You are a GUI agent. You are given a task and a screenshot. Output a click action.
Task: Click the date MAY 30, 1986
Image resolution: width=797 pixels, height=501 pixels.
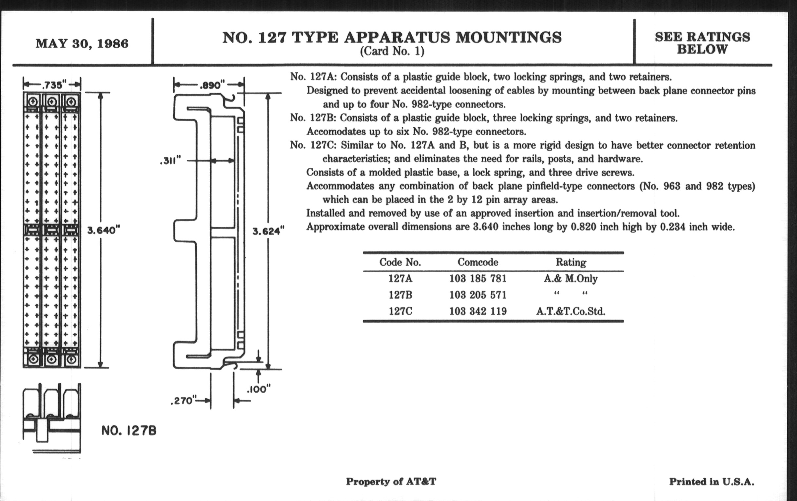[x=82, y=44]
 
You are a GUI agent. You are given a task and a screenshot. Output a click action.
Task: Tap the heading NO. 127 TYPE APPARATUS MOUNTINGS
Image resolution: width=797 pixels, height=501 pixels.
[x=392, y=37]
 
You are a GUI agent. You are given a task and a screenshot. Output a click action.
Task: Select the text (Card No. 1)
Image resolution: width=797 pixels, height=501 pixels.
[x=392, y=52]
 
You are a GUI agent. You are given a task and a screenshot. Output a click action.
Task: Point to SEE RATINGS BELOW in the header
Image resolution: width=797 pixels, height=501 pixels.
[x=702, y=43]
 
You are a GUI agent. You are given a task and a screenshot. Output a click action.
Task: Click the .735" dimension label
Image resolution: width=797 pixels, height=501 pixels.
[x=52, y=85]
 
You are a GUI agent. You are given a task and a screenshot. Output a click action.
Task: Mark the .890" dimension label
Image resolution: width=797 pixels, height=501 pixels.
[x=212, y=85]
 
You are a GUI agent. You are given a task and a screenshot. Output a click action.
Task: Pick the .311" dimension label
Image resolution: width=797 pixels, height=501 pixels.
[x=170, y=161]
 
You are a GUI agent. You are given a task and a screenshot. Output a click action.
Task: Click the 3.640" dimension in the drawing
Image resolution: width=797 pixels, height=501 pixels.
[x=103, y=230]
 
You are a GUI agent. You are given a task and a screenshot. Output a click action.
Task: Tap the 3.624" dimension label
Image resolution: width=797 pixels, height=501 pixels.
[x=268, y=231]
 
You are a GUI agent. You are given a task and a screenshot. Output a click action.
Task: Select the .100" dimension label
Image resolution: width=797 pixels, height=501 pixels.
[x=259, y=389]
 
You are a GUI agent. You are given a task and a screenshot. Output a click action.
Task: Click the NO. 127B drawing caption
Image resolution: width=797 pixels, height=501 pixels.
[x=129, y=431]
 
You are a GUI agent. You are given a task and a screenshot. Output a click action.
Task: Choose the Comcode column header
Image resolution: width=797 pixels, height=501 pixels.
[x=477, y=262]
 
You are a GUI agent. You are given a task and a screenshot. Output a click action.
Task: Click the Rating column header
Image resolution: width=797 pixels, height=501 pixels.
[x=571, y=262]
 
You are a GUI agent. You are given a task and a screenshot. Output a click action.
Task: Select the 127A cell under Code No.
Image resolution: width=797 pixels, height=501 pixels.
[x=400, y=278]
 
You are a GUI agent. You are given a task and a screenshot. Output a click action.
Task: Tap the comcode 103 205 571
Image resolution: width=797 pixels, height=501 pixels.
[x=477, y=295]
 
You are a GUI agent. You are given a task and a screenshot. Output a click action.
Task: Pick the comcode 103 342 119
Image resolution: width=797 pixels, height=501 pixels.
[x=477, y=311]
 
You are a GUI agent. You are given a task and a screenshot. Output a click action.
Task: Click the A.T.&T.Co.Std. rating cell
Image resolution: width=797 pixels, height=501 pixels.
[x=571, y=311]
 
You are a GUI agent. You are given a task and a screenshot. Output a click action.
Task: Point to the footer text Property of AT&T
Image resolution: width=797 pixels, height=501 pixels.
[x=391, y=481]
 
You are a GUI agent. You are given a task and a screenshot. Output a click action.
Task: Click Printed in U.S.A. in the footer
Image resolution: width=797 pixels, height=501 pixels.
[x=711, y=482]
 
